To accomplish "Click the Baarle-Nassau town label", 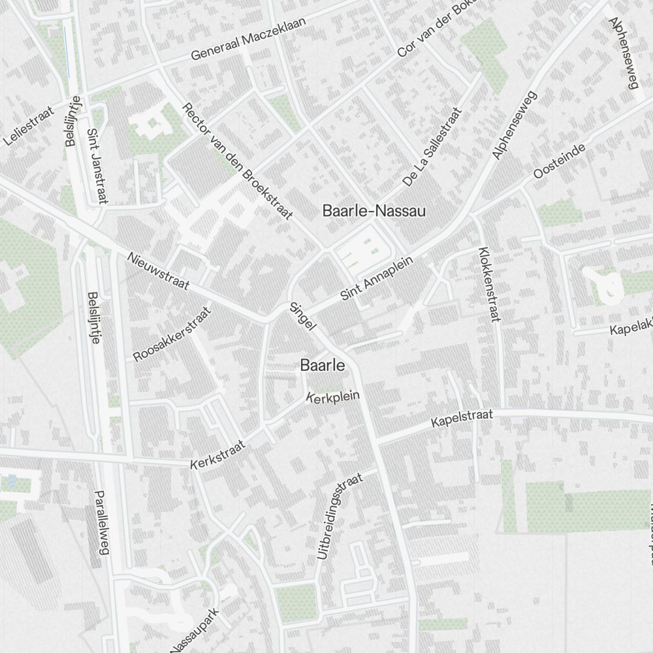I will [x=374, y=211].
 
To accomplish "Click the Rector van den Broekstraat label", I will [x=236, y=160].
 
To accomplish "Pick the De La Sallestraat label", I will [x=432, y=147].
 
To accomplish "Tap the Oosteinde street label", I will [x=559, y=161].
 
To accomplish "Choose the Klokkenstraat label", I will [x=488, y=284].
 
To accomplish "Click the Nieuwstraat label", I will [x=158, y=271].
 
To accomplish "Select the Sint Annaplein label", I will [x=377, y=278].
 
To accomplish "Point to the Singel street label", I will [x=302, y=315].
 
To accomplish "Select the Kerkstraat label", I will [x=218, y=455].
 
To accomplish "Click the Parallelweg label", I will [x=101, y=522].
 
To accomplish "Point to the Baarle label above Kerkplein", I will [x=323, y=366].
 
